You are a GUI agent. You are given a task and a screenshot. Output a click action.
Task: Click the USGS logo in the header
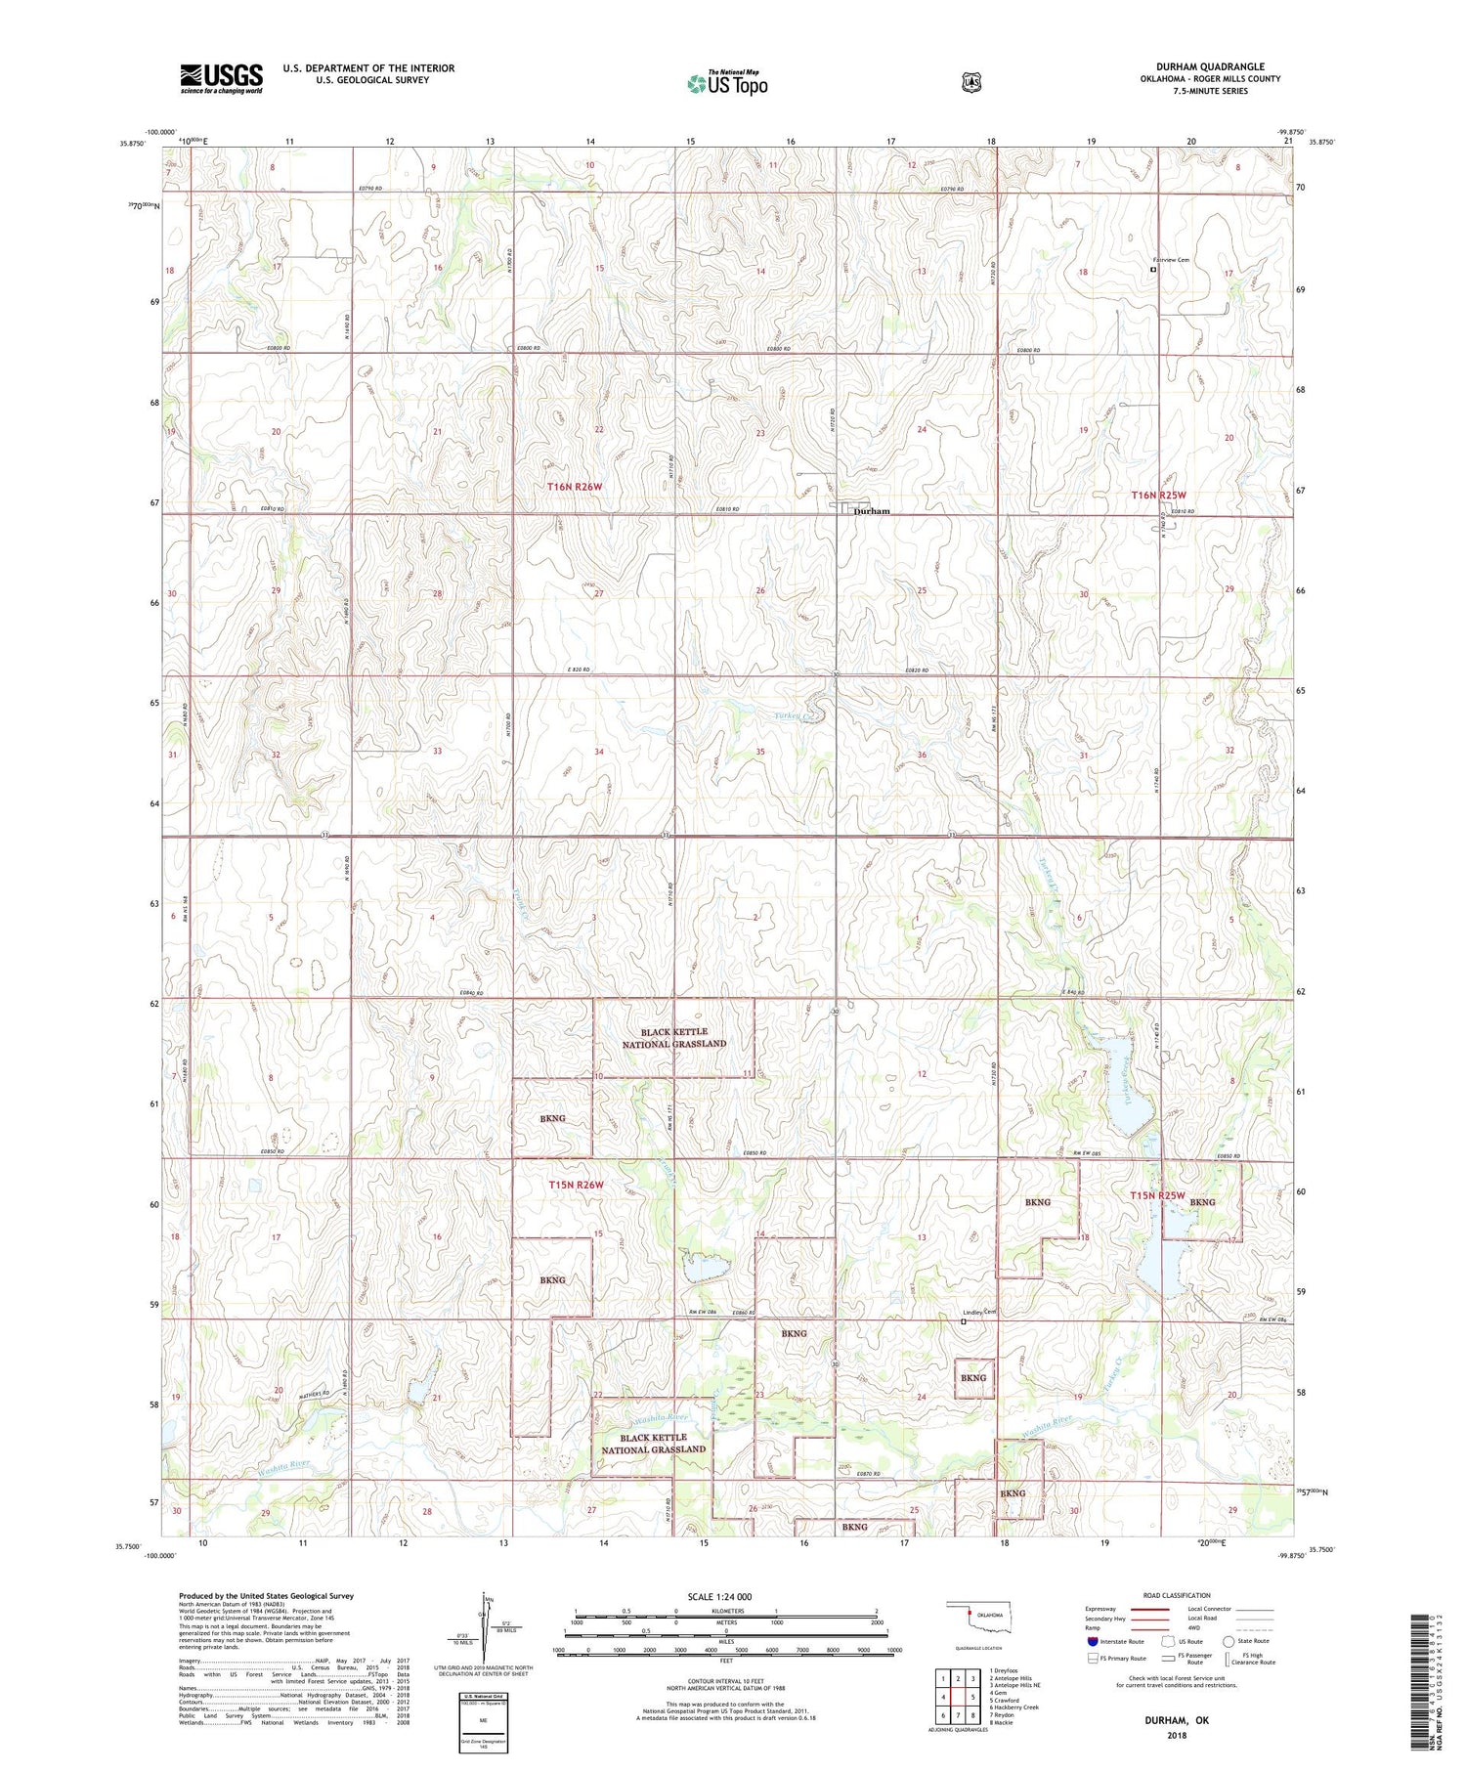(x=221, y=78)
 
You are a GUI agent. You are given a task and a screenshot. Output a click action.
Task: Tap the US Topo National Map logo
(x=727, y=83)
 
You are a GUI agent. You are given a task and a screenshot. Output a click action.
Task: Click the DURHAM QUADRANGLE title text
(x=1209, y=66)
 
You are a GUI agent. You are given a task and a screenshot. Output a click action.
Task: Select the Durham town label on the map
(x=872, y=511)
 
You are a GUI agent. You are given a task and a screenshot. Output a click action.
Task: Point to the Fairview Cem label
(x=1171, y=260)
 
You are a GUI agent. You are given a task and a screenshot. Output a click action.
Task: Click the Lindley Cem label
(x=978, y=1312)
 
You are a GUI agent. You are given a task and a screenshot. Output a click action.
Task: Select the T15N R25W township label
(x=1157, y=1195)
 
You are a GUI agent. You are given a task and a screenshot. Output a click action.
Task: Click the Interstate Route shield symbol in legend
(x=1092, y=1641)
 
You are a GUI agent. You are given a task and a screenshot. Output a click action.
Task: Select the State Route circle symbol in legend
(x=1229, y=1641)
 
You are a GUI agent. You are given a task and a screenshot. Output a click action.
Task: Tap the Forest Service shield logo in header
(x=970, y=83)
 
